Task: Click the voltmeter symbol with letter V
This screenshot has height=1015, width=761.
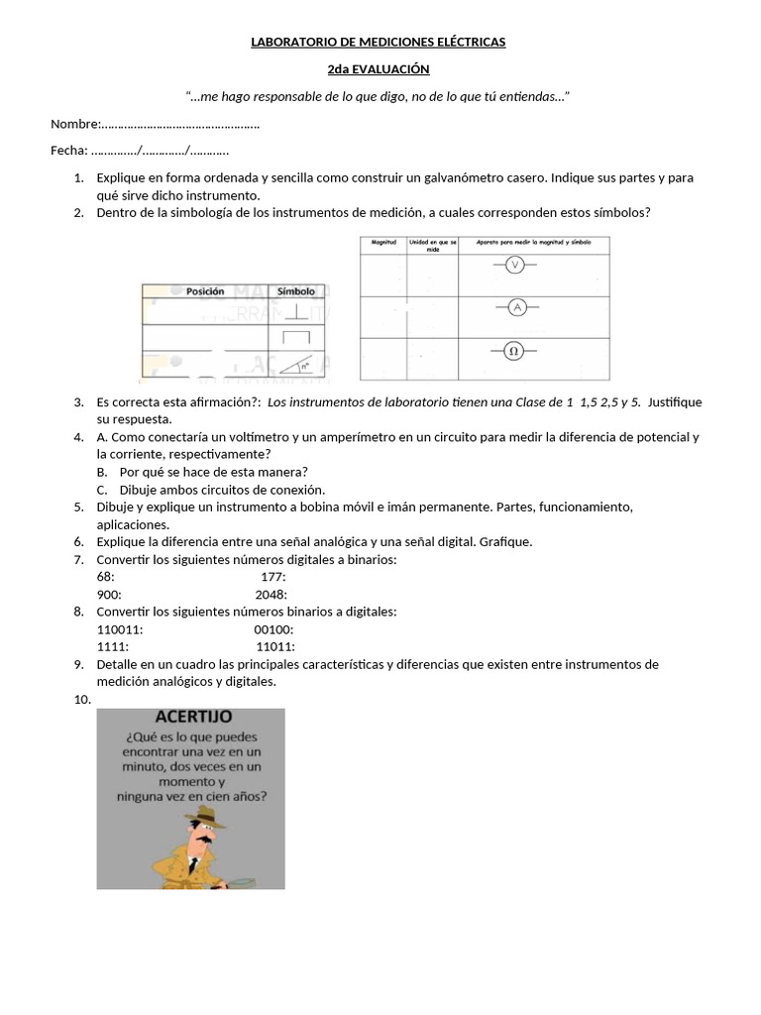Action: coord(514,265)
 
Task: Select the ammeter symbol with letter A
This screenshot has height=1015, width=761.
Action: coord(516,307)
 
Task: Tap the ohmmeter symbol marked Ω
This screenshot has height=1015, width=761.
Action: coord(514,351)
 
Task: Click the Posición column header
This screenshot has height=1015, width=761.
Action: coord(205,291)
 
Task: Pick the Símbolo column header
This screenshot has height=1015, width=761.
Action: coord(295,291)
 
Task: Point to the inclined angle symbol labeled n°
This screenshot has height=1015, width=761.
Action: coord(296,364)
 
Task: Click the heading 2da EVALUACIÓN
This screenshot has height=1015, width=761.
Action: coord(379,68)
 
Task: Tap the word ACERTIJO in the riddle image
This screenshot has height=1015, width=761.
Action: coord(193,717)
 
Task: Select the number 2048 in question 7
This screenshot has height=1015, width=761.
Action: coord(271,595)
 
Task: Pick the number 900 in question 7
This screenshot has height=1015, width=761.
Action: coord(109,595)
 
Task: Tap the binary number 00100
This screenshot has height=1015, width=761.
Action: coord(272,629)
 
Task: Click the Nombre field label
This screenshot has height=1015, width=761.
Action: coord(75,124)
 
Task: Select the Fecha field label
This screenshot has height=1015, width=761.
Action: coord(68,151)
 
